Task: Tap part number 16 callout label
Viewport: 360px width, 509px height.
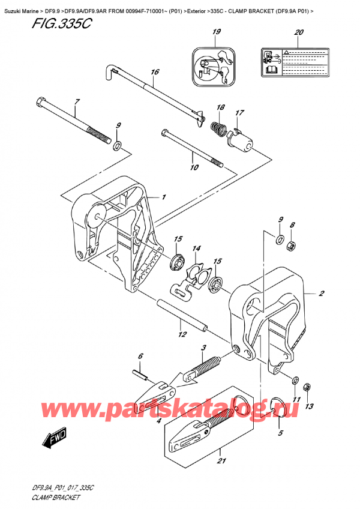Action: [x=155, y=72]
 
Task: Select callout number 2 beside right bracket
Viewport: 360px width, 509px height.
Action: [x=322, y=294]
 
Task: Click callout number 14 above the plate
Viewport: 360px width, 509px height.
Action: [x=196, y=248]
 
